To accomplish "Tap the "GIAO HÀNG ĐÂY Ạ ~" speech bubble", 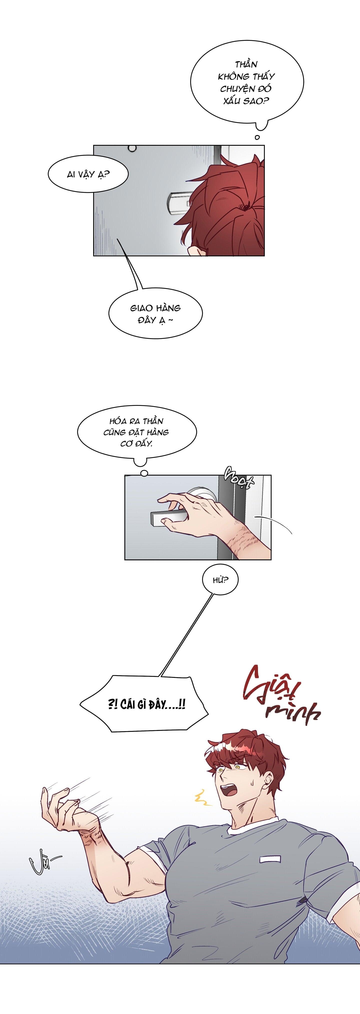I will [x=155, y=314].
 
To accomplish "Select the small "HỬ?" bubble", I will [x=220, y=580].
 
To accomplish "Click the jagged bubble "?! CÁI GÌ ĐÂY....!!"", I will [x=146, y=703].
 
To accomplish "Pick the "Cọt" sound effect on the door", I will [x=239, y=479].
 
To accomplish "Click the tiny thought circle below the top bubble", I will [x=257, y=137].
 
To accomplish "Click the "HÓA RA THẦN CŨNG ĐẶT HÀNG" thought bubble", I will [x=137, y=432].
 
